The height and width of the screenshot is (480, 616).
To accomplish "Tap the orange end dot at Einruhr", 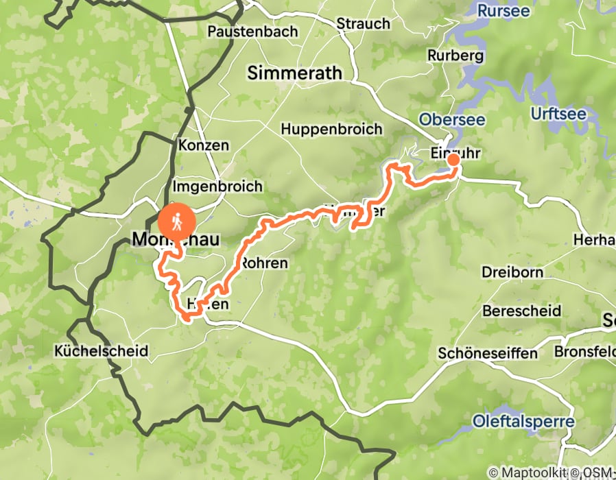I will pos(453,160).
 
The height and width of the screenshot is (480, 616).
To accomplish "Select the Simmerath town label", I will pos(294,73).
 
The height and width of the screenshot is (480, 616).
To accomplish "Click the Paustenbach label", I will pos(252,32).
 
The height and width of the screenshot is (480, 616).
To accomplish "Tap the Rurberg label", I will pos(455,55).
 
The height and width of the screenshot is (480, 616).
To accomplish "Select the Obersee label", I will pos(452,119).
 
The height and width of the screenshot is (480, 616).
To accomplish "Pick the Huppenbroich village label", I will pos(331,129).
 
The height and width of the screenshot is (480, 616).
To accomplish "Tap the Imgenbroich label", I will pos(217,187).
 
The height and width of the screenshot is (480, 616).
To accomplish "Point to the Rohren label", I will pos(263,263).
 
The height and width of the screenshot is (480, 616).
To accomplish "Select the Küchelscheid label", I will pos(101,351).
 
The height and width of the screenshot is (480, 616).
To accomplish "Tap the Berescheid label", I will pos(521,311).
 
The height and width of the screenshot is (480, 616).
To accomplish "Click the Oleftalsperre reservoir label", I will pos(523,420).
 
